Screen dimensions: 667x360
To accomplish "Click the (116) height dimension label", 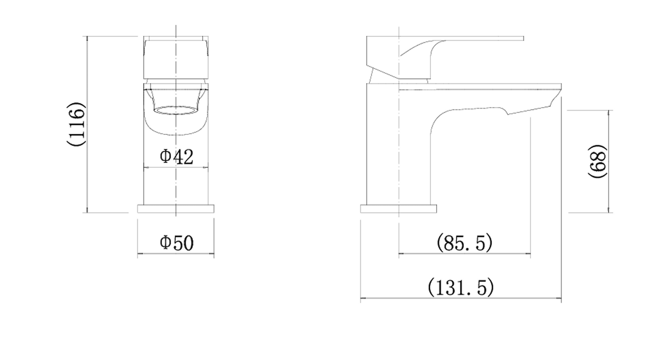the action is [76, 124].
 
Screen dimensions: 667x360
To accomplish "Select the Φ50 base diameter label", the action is [177, 243].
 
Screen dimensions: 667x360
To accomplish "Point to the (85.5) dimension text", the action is [465, 243].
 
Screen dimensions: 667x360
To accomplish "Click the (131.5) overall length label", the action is [461, 287].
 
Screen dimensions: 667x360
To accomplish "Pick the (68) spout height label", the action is [597, 161].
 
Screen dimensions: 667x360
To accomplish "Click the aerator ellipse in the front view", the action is [176, 110].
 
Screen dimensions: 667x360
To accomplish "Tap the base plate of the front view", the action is [176, 209].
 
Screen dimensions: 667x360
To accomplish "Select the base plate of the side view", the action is [398, 209].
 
